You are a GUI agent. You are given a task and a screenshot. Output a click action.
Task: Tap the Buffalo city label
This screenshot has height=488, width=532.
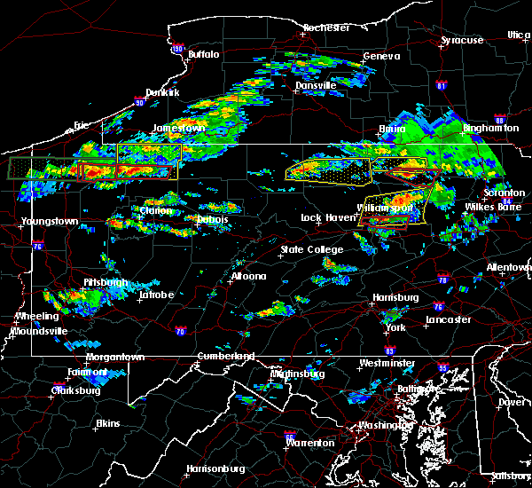(202, 55)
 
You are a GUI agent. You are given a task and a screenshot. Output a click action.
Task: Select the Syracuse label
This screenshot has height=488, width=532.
(463, 40)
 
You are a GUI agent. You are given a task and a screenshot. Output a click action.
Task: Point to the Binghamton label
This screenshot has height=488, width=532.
(488, 128)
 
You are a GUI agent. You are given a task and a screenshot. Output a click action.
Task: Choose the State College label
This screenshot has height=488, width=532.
(311, 249)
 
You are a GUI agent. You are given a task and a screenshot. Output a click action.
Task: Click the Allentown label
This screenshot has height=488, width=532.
(509, 266)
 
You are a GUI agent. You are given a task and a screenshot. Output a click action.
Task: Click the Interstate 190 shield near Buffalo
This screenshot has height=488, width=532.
(177, 50)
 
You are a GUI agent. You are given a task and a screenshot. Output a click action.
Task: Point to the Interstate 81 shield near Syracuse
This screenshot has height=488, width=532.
(442, 85)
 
